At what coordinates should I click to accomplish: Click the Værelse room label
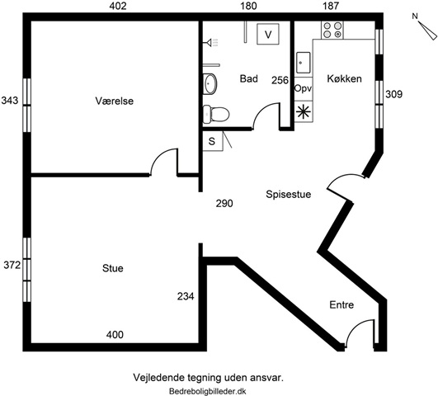(115, 101)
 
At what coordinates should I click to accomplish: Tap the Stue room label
(112, 268)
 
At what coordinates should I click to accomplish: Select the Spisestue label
(288, 194)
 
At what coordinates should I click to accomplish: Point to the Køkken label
(344, 79)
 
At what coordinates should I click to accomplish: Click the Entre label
(341, 304)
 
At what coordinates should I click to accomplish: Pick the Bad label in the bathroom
(248, 79)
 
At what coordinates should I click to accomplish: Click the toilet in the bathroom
(216, 114)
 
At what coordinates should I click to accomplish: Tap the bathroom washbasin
(210, 83)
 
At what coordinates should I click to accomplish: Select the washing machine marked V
(268, 34)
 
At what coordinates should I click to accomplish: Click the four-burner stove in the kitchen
(332, 30)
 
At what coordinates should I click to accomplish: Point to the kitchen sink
(303, 63)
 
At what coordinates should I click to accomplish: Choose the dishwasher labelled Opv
(304, 89)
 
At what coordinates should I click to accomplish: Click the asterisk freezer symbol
(304, 111)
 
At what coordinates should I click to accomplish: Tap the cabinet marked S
(213, 141)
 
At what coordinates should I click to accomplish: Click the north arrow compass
(425, 27)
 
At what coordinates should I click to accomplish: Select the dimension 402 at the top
(118, 6)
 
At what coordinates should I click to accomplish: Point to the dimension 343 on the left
(10, 100)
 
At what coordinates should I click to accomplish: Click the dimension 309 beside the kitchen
(393, 94)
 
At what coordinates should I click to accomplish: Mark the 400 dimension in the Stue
(115, 334)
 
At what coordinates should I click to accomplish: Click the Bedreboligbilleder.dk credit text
(208, 392)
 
